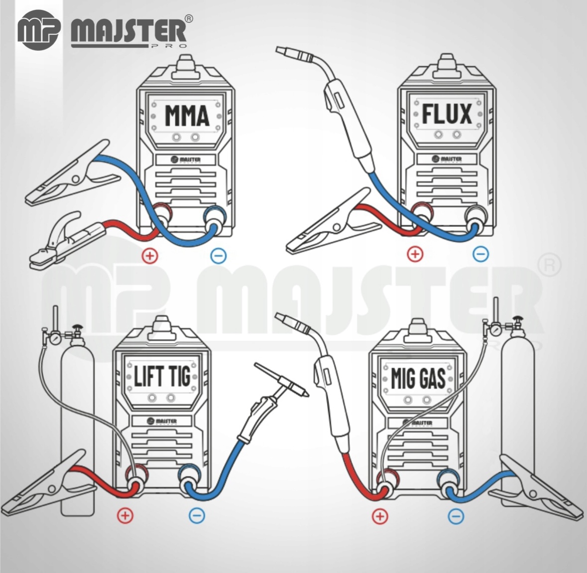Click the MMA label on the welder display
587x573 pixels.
pos(187,116)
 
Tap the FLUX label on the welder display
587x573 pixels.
pos(447,114)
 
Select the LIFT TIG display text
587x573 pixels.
pos(162,376)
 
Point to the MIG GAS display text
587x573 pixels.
pos(418,378)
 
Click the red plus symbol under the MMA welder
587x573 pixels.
pos(150,256)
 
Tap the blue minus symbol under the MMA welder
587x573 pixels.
pos(219,256)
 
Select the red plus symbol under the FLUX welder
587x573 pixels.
pos(414,254)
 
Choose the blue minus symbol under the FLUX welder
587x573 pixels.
pos(481,254)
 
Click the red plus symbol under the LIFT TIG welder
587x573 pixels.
pos(125,515)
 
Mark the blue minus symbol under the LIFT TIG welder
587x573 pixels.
pos(197,515)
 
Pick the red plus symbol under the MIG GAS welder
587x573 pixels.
pos(379,516)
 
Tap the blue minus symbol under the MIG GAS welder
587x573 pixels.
pos(456,516)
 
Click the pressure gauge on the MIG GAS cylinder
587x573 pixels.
pos(497,329)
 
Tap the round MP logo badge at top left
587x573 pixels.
pos(38,29)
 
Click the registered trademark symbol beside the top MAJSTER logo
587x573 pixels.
pos(189,19)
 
